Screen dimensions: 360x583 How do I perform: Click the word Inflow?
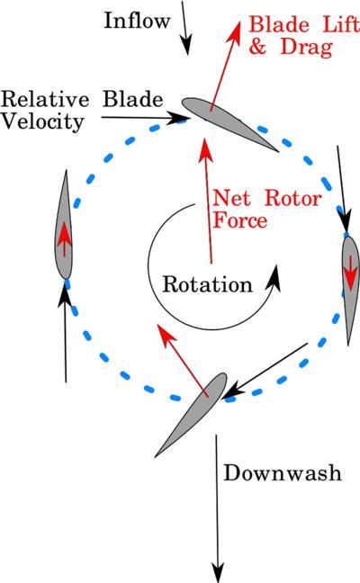137,21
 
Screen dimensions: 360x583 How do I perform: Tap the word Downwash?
283,473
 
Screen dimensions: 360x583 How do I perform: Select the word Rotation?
208,284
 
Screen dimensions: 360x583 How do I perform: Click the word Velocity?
42,121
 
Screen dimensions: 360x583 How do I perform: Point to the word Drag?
306,47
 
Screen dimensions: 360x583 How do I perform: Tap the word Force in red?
240,220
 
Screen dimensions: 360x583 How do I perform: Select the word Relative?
45,99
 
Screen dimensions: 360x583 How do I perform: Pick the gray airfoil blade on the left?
64,225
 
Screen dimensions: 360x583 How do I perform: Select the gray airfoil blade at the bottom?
192,415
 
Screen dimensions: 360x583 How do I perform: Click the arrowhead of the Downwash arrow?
217,573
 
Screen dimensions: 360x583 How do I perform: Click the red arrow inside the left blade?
64,239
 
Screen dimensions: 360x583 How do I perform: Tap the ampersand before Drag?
257,47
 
